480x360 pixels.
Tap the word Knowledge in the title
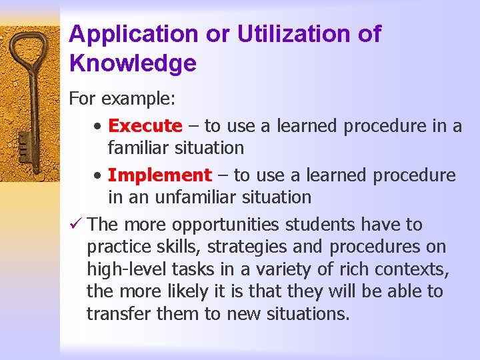pos(133,63)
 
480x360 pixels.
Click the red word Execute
pos(145,125)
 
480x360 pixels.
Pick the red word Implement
pos(159,175)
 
